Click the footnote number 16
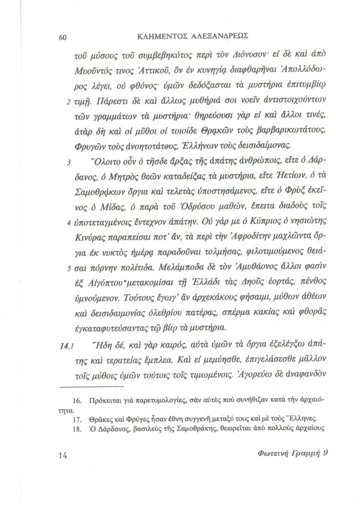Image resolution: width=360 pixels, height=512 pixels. (x=76, y=401)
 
